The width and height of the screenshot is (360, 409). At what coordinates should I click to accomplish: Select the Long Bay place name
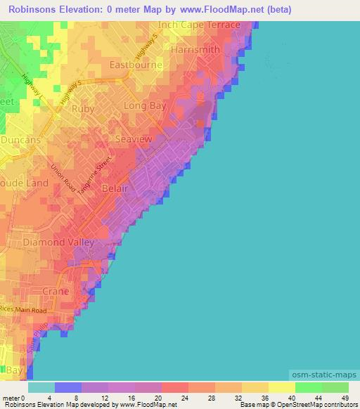(x=144, y=105)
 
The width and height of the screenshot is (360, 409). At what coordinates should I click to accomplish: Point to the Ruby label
(x=83, y=109)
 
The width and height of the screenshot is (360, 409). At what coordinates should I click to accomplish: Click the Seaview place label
(x=133, y=139)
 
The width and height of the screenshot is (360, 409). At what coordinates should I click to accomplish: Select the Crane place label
(x=55, y=290)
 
